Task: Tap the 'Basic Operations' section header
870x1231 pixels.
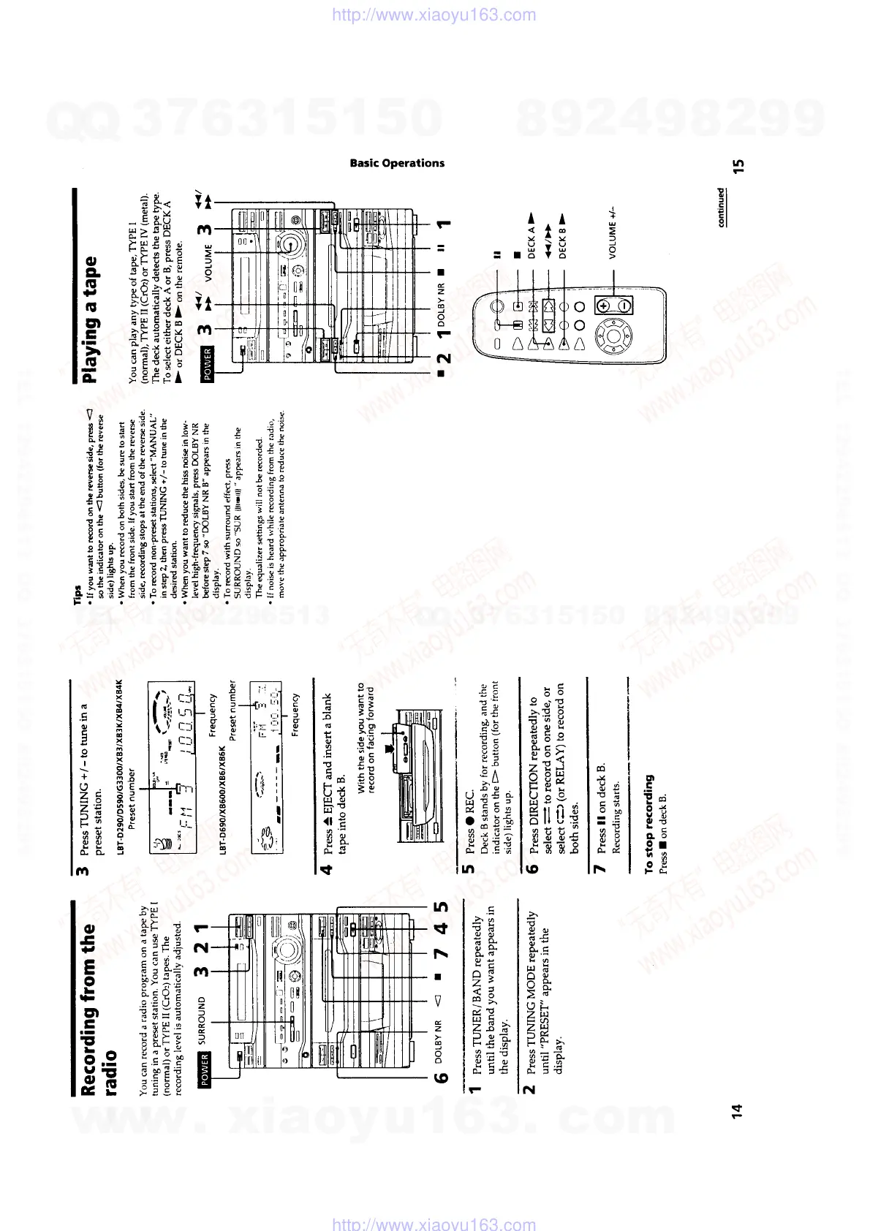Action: point(397,163)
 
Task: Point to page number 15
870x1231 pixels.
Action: point(738,167)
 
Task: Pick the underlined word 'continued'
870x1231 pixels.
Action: point(722,207)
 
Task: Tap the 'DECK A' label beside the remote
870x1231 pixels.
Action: point(532,233)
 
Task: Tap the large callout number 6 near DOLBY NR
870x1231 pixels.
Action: point(442,1077)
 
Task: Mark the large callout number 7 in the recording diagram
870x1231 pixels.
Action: point(442,954)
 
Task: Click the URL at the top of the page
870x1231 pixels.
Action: point(434,15)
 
